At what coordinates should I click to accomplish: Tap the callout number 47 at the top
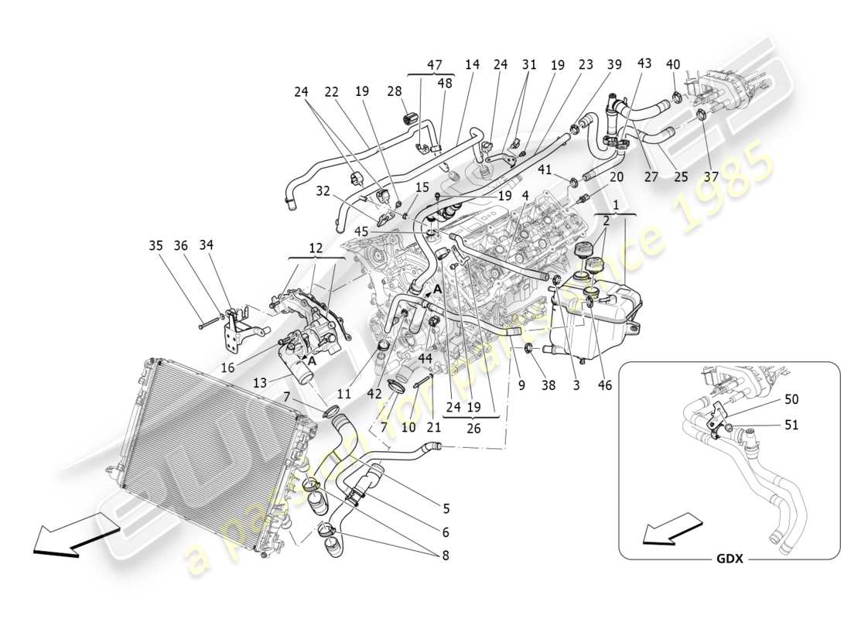tap(434, 65)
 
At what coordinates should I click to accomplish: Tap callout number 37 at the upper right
tap(711, 177)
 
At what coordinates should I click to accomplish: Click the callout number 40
tap(672, 65)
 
